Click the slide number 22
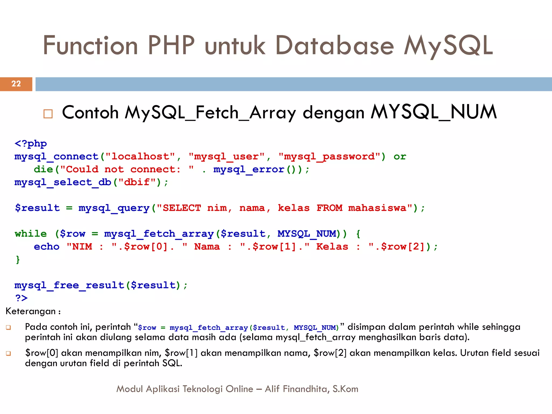point(16,84)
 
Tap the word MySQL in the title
point(448,46)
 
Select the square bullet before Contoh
point(48,114)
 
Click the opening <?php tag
point(31,144)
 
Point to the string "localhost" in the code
point(140,157)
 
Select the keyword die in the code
point(43,170)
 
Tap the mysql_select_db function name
point(63,182)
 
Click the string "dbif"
point(137,182)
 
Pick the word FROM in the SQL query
point(329,208)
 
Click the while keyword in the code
point(31,234)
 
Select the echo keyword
point(47,247)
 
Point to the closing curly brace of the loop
point(18,260)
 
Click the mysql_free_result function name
point(69,285)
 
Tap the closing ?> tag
point(21,298)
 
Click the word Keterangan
point(31,311)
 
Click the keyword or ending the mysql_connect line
point(400,157)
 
